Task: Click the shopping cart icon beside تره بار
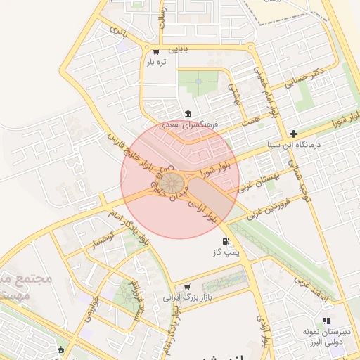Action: click(155, 51)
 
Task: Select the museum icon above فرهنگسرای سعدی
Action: click(188, 114)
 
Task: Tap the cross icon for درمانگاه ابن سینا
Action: click(293, 134)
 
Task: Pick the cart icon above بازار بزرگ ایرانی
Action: click(187, 286)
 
